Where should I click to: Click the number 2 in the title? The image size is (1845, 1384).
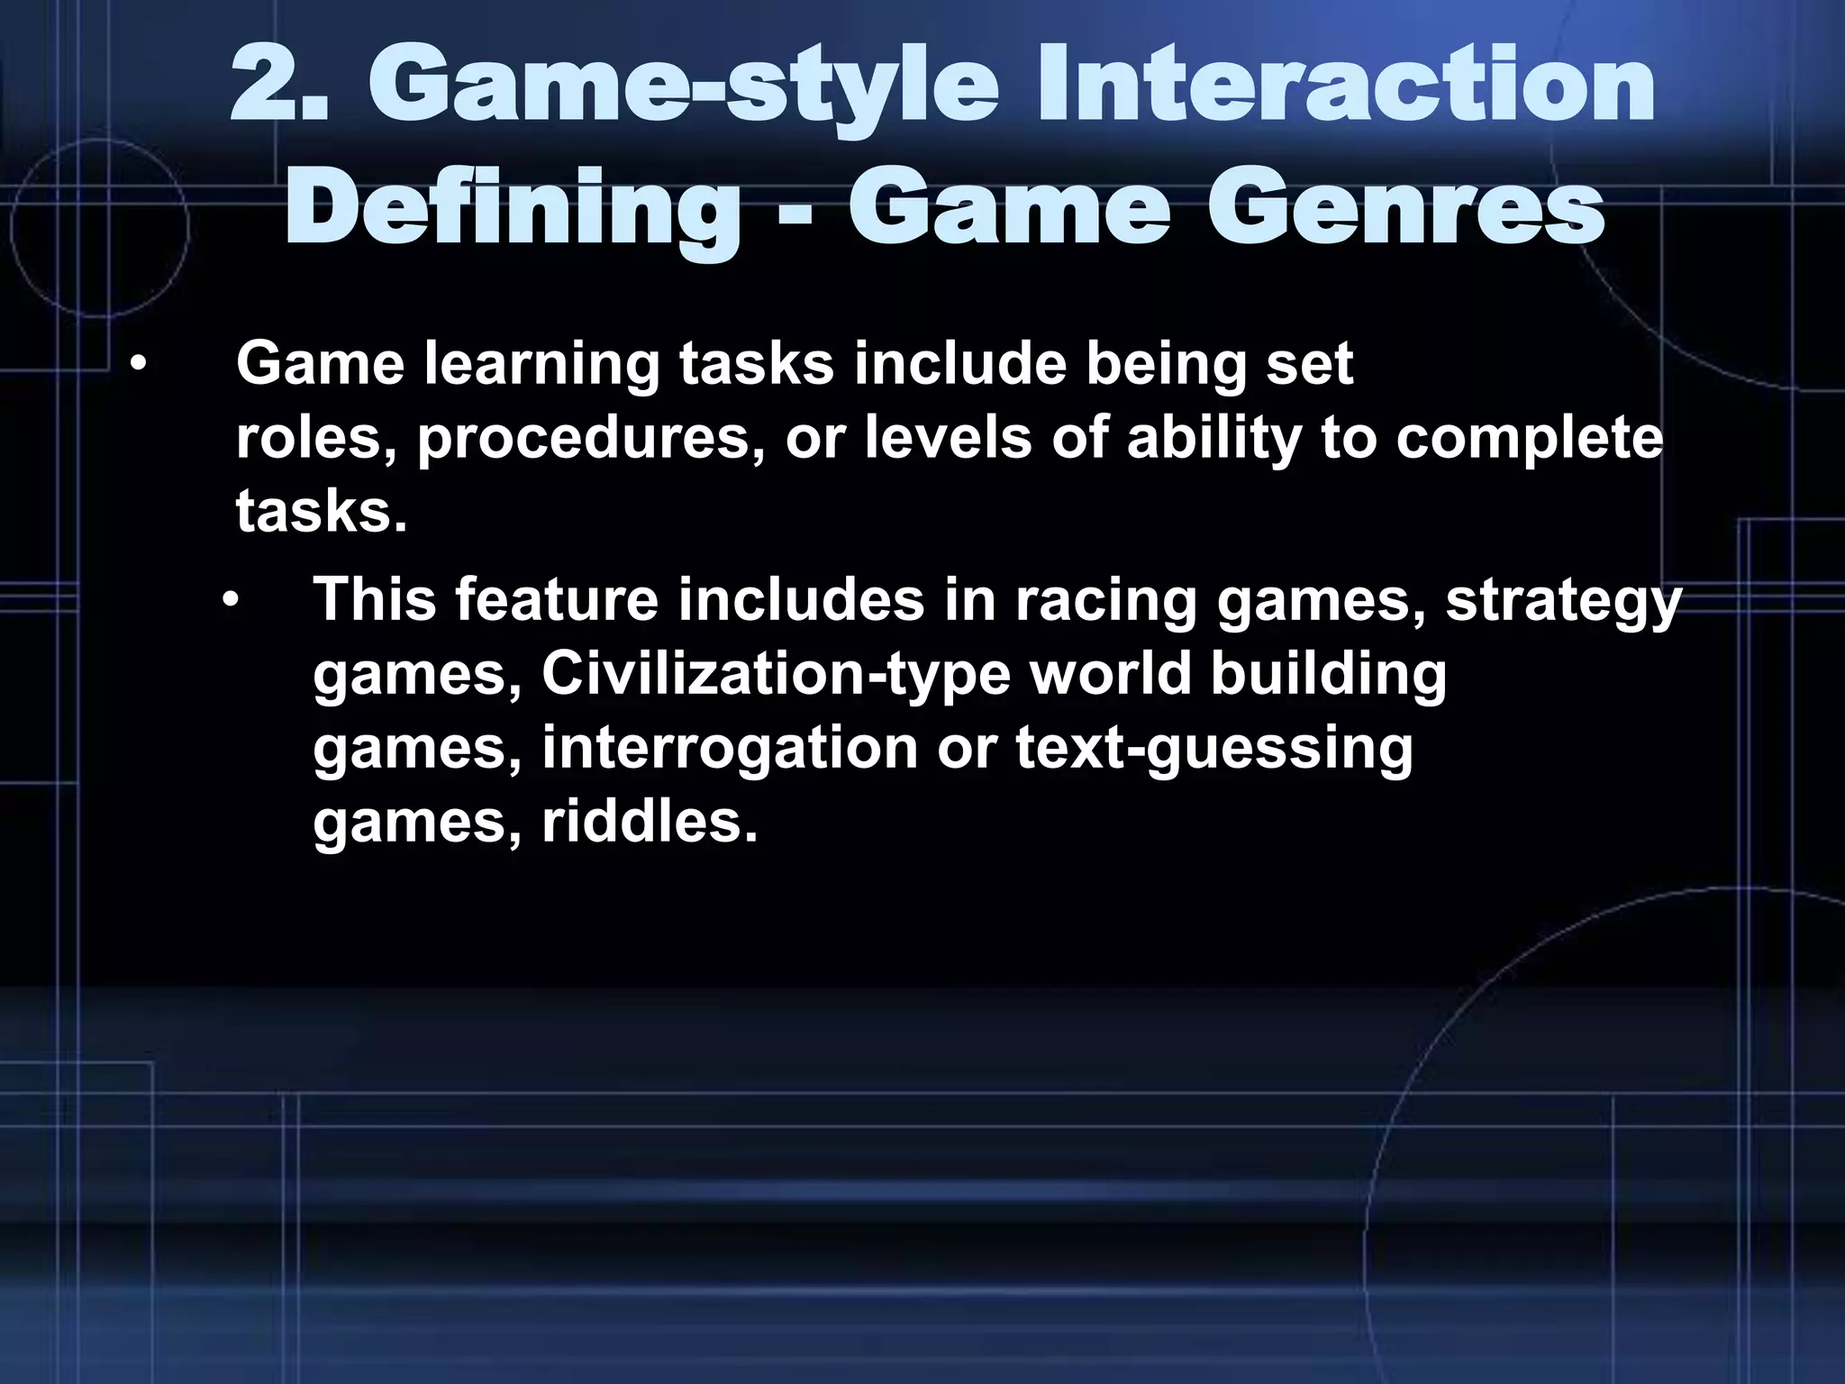[x=268, y=89]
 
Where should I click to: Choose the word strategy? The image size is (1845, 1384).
[x=1564, y=601]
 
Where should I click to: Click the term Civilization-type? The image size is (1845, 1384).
[x=776, y=674]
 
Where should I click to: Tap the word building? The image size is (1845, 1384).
[x=1328, y=674]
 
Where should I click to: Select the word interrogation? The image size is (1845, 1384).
[x=729, y=748]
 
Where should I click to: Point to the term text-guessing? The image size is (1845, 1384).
[x=1214, y=748]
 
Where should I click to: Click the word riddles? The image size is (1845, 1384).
[x=649, y=822]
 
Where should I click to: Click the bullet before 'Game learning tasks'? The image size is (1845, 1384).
[x=136, y=365]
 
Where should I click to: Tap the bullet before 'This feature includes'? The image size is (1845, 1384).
[x=232, y=599]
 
